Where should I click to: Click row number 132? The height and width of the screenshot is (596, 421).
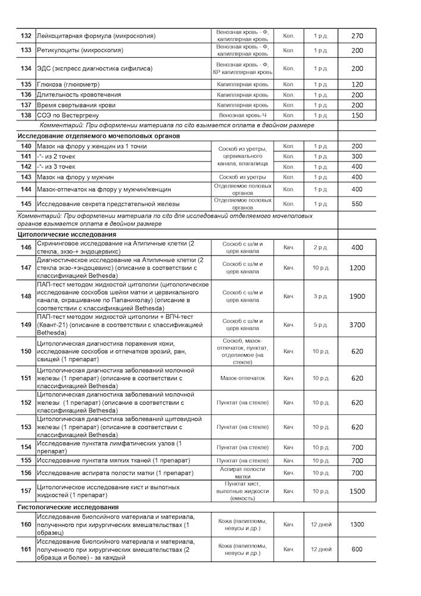[x=26, y=36]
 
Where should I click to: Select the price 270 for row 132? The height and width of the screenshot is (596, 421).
[x=357, y=36]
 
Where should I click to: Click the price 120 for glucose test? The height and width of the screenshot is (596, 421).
[x=357, y=84]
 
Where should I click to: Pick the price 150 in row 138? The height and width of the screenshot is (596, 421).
[x=357, y=115]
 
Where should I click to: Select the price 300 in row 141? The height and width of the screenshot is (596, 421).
[x=357, y=156]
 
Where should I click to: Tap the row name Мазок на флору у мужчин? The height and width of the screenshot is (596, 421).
[x=84, y=177]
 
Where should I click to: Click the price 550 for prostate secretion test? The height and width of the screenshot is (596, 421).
[x=357, y=203]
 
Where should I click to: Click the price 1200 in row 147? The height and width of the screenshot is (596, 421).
[x=357, y=268]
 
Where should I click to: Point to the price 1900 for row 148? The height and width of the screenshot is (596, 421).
[x=357, y=296]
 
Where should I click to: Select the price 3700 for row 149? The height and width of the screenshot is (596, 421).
[x=357, y=325]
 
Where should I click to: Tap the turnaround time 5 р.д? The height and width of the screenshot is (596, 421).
[x=321, y=325]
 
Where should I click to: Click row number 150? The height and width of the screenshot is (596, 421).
[x=26, y=351]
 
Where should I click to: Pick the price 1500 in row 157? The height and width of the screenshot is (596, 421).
[x=357, y=491]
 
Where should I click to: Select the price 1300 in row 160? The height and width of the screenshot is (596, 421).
[x=357, y=524]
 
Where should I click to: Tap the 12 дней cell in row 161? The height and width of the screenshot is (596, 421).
[x=321, y=549]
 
